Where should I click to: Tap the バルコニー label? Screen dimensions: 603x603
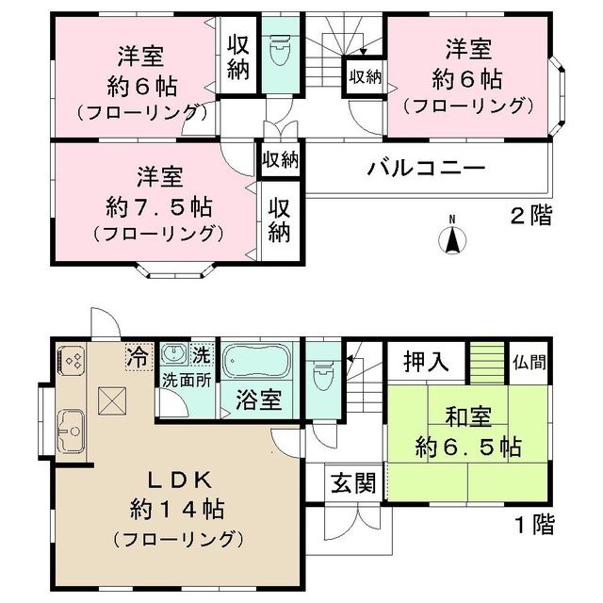pos(426,171)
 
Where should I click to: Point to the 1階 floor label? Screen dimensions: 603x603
pos(535,521)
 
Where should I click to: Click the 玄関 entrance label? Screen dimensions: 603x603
pos(353,483)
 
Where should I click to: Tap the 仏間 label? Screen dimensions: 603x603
pos(527,359)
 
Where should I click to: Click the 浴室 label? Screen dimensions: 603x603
pos(256,399)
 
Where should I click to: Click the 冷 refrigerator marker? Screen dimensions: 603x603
pos(138,357)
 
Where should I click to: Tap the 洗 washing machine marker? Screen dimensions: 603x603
pos(202,356)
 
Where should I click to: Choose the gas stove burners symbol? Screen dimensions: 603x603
pos(72,360)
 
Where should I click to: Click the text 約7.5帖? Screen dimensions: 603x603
pos(160,204)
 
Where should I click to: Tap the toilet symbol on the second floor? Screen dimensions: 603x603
pos(280,53)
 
